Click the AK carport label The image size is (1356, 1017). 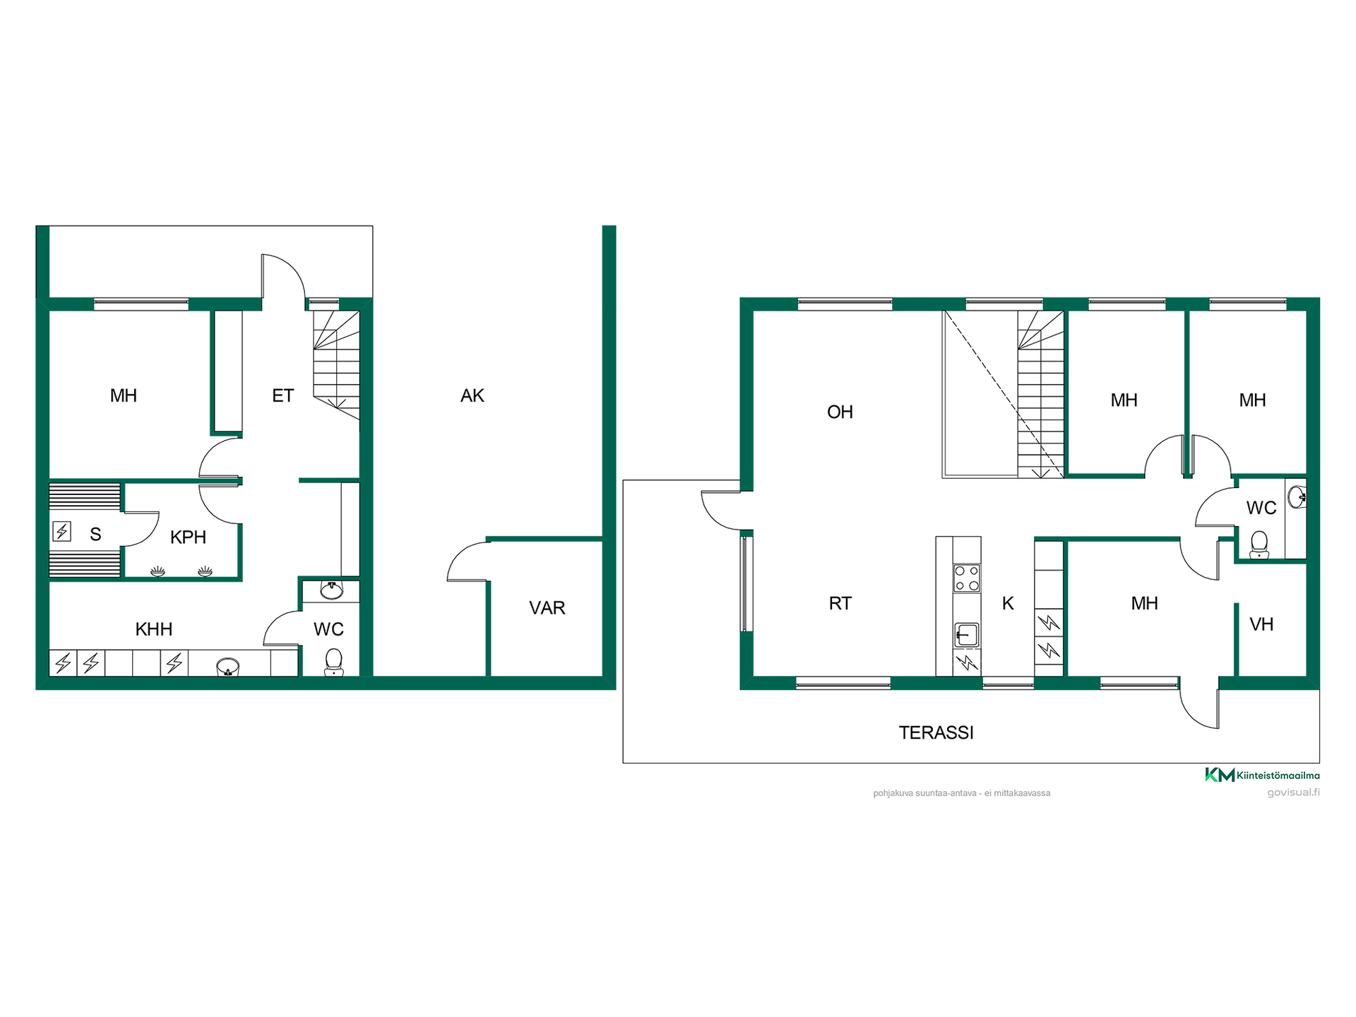[x=472, y=395]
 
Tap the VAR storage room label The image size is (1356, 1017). [x=547, y=607]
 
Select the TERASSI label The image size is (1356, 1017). [x=936, y=732]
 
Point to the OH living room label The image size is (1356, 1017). [x=840, y=412]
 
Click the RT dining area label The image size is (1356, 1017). [x=840, y=603]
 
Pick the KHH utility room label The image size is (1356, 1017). [x=154, y=629]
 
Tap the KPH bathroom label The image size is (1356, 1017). [x=188, y=537]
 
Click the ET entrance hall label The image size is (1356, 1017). [x=282, y=395]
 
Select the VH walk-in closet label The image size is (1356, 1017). [x=1261, y=624]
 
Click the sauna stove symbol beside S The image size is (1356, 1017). [x=62, y=530]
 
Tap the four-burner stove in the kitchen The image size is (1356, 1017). [x=967, y=578]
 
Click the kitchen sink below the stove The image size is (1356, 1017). [x=967, y=635]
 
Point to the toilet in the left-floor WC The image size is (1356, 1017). [x=333, y=662]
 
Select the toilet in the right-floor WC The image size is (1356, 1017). [x=1259, y=545]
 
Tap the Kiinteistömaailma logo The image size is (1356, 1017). [x=1262, y=775]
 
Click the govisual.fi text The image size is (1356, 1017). [x=1293, y=792]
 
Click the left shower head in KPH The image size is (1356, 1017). [x=158, y=571]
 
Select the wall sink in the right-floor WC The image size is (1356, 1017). [x=1297, y=497]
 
